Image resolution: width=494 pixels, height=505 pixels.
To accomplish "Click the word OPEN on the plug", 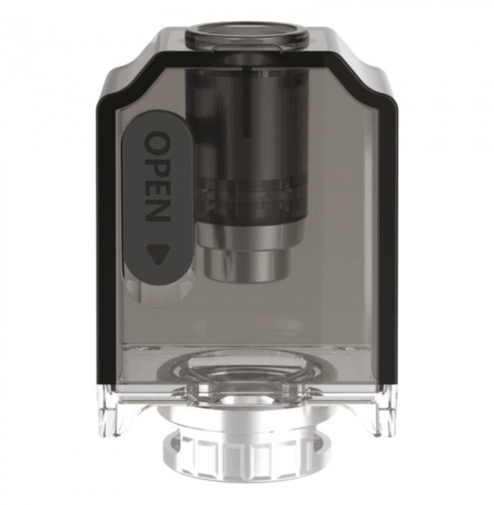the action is click(x=157, y=177).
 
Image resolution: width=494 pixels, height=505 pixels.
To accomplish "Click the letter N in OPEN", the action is click(x=157, y=211).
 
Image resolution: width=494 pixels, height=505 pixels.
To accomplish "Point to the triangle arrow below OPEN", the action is click(x=158, y=255).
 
